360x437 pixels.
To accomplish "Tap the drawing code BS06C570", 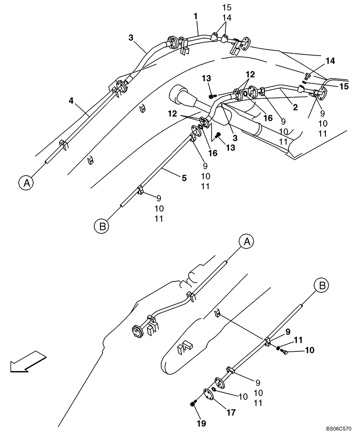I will [337, 430].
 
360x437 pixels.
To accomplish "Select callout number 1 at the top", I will [196, 16].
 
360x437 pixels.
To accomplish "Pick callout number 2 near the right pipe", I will [295, 107].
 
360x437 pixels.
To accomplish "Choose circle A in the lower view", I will [246, 241].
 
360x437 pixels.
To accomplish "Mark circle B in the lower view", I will [321, 286].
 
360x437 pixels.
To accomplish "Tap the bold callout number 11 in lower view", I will [298, 340].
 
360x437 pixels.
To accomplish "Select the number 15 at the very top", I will [227, 7].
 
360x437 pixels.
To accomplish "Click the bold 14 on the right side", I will [330, 61].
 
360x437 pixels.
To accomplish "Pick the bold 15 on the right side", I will [344, 86].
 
